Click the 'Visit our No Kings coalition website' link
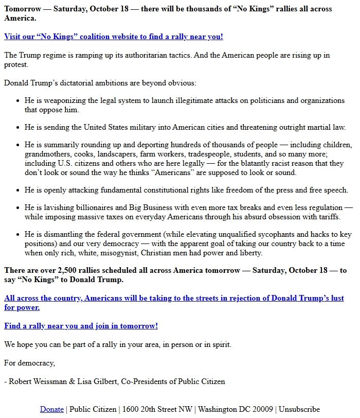(113, 37)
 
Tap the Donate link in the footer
(52, 409)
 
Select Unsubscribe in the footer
(299, 409)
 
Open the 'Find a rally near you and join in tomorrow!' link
(81, 326)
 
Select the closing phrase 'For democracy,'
(29, 363)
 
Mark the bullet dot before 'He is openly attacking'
(18, 190)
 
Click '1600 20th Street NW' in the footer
(158, 409)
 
